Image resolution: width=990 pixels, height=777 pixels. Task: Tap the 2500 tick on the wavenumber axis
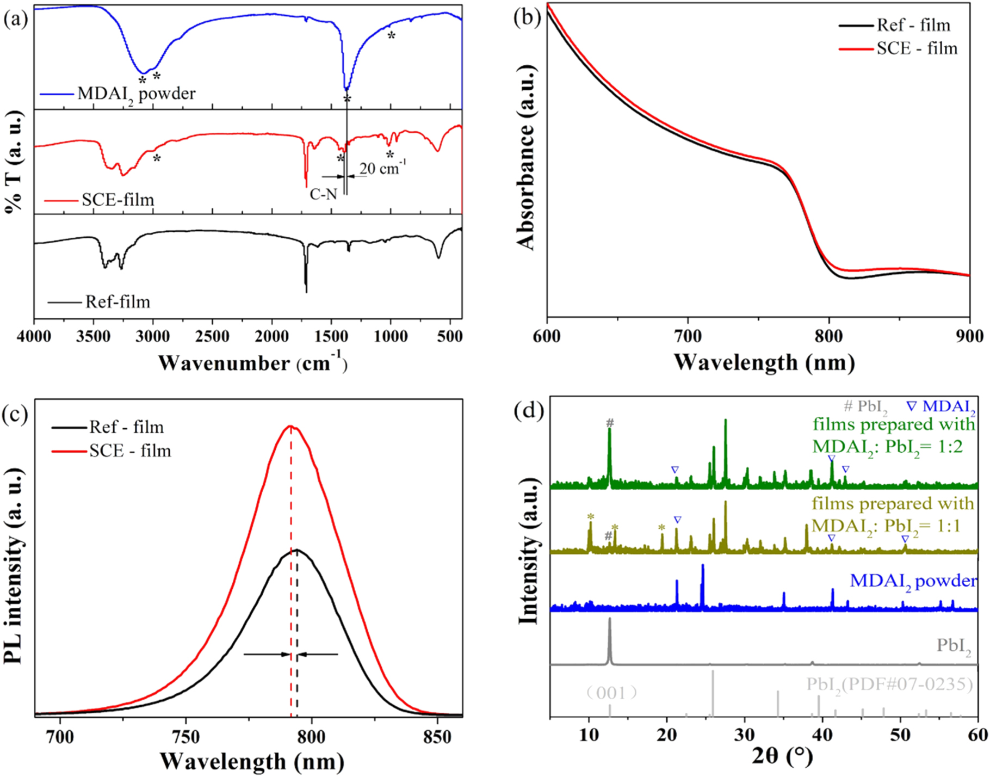(212, 336)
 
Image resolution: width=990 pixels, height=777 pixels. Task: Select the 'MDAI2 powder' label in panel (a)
(136, 94)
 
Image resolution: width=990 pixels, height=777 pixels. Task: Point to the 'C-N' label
(324, 194)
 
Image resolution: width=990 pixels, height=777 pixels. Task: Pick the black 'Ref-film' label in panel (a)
(117, 302)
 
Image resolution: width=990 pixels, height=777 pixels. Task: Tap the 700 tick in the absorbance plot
(688, 336)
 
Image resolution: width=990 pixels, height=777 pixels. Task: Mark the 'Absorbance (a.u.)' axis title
(527, 158)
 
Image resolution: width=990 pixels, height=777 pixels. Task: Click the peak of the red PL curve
(291, 426)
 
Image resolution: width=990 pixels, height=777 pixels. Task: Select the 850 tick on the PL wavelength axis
(437, 737)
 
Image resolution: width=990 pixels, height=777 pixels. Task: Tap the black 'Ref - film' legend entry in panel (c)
(126, 427)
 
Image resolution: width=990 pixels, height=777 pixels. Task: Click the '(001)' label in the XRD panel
(611, 693)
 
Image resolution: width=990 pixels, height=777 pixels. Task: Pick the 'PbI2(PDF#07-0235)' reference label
(889, 684)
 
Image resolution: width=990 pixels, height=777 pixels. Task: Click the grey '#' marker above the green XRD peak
(610, 423)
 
